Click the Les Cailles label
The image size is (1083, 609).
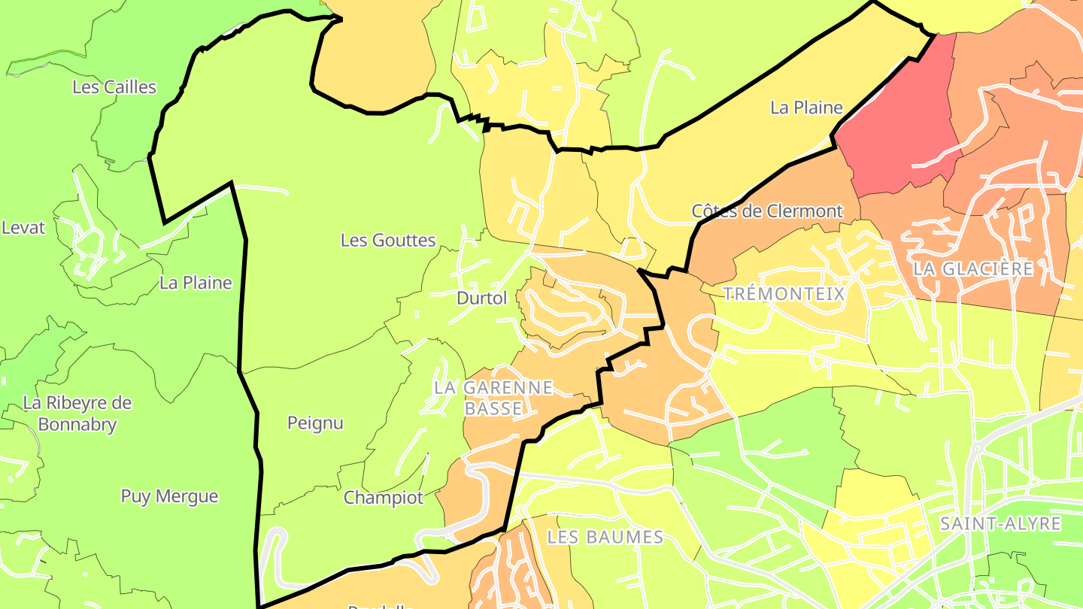(x=114, y=87)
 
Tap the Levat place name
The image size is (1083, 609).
(x=23, y=228)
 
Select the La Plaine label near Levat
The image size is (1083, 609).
(x=196, y=283)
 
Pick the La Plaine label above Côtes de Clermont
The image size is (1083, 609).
(x=806, y=108)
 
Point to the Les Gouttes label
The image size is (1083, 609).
(x=388, y=241)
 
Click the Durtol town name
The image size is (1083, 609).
(x=482, y=298)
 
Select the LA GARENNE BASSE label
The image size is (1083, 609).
(x=493, y=398)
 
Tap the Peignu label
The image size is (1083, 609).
(x=315, y=423)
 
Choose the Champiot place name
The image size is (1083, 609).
(x=384, y=498)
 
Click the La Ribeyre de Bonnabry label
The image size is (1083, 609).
(x=77, y=414)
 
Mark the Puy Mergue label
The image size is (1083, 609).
(x=169, y=496)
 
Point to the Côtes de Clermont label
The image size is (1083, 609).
(x=767, y=211)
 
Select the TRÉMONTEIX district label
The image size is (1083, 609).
(x=784, y=294)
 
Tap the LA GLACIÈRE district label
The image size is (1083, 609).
(x=973, y=268)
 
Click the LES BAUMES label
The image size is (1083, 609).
(x=605, y=537)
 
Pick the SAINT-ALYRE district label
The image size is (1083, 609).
(x=1000, y=524)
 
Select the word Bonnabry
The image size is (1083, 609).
(x=77, y=425)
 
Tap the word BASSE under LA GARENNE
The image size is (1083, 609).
(x=493, y=408)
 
